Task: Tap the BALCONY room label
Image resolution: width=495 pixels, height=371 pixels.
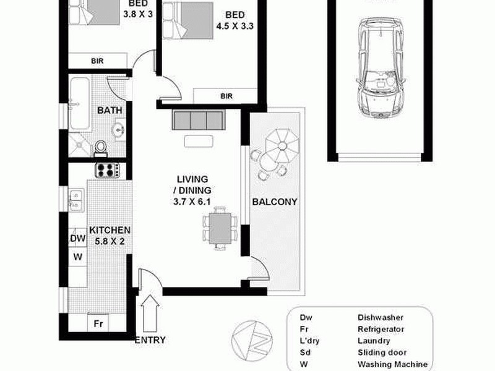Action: [x=275, y=202]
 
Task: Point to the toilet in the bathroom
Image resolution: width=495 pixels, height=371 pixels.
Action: [x=100, y=147]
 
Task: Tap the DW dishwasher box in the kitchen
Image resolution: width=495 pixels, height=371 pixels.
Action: [x=77, y=238]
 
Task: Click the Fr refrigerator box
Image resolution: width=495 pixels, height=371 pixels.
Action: [x=97, y=323]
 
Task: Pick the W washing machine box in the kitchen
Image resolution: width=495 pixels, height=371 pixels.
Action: [x=77, y=256]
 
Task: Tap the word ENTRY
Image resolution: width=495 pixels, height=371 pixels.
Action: [x=149, y=339]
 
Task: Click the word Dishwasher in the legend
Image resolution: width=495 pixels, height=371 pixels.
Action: [x=380, y=317]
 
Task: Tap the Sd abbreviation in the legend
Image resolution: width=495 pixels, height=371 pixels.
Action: [x=305, y=352]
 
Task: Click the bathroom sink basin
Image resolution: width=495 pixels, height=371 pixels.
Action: [x=117, y=129]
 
